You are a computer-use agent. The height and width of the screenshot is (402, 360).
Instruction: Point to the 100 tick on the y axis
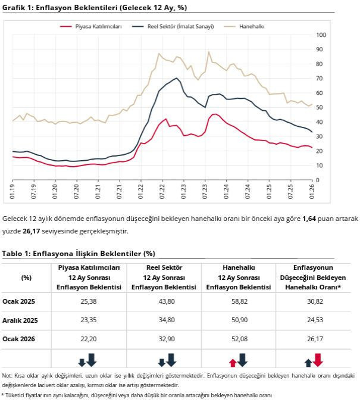click(x=321, y=35)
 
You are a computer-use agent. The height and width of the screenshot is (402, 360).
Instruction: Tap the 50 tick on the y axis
click(x=320, y=107)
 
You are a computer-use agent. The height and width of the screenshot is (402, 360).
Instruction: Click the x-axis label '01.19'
click(x=12, y=192)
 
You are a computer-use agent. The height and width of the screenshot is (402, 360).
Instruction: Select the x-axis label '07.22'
click(x=162, y=192)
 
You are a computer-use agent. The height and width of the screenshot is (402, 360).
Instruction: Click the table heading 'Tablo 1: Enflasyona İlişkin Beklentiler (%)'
click(x=79, y=254)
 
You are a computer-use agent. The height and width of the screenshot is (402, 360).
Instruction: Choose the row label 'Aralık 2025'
click(x=20, y=320)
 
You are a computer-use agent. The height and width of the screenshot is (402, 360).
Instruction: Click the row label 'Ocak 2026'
click(x=19, y=339)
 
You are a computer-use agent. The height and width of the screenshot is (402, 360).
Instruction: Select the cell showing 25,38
click(x=89, y=302)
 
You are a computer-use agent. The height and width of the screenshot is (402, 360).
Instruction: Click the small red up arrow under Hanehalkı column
click(x=233, y=362)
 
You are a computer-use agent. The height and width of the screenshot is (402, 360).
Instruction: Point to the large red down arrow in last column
click(x=318, y=359)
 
